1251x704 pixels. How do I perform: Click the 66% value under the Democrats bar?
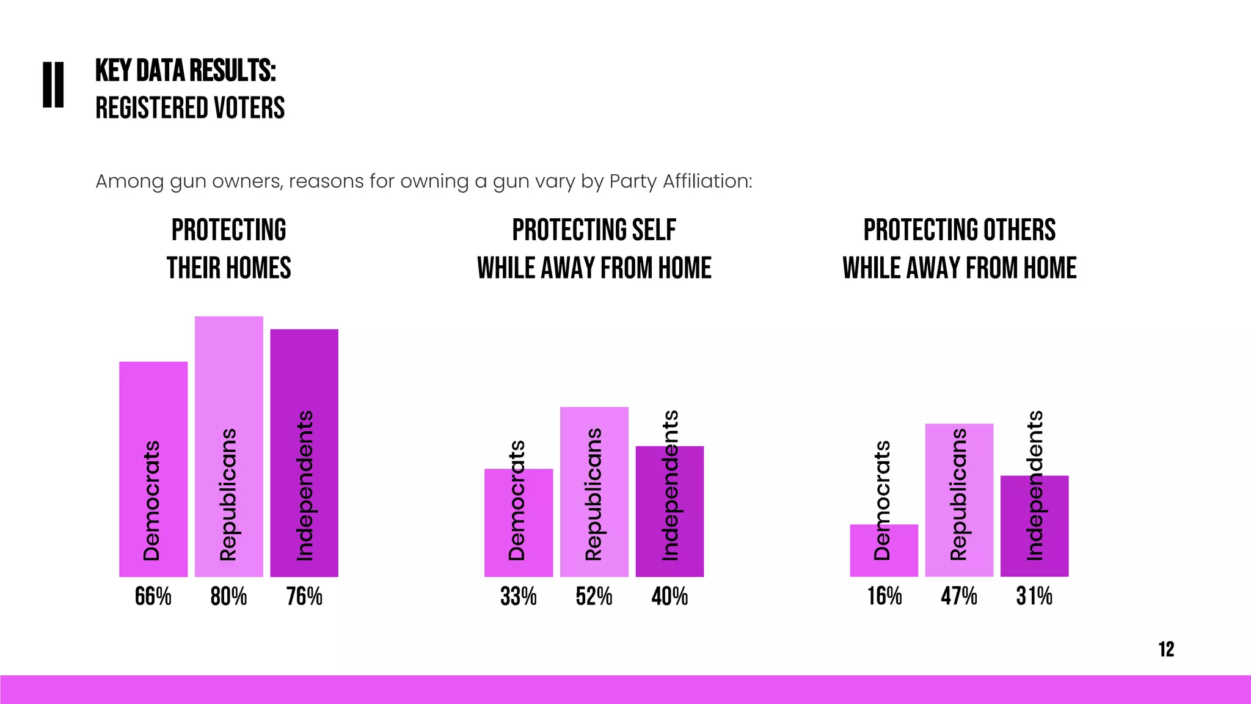153,596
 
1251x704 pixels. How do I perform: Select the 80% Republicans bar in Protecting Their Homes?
228,446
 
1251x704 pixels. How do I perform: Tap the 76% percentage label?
304,596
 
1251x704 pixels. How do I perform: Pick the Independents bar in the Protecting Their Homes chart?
304,452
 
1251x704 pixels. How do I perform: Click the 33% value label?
518,596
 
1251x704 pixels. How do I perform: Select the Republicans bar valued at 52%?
594,492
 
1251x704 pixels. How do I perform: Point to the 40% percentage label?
669,596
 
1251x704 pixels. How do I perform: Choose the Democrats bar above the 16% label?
884,550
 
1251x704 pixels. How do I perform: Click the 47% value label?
959,596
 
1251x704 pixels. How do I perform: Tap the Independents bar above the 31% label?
1034,526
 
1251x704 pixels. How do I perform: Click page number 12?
1166,649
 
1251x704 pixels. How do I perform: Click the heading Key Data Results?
186,71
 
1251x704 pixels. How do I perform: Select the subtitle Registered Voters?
190,108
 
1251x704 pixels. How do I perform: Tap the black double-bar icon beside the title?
53,85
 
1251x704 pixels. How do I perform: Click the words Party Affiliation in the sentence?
680,182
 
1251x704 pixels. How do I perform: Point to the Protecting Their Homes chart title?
228,249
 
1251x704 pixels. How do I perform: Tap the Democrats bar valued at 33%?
518,522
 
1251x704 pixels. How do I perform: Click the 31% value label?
1034,596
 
